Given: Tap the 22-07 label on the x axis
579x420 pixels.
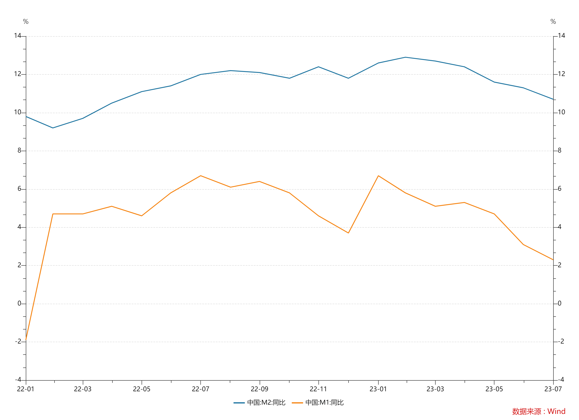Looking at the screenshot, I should coord(200,389).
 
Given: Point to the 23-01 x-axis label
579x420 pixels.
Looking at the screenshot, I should coord(378,389).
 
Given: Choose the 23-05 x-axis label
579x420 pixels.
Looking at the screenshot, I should coord(494,389).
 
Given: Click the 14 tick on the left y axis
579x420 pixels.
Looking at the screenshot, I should coord(17,36).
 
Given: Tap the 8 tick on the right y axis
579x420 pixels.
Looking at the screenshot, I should coord(559,150).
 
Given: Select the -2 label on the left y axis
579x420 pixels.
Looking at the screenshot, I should coord(18,341).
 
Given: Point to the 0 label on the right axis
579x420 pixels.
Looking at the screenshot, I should coord(559,303).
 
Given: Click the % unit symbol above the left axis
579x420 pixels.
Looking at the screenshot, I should coord(26,21).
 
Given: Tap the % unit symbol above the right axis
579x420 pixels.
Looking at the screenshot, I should coord(553,21).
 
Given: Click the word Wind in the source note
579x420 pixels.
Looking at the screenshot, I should coord(556,411).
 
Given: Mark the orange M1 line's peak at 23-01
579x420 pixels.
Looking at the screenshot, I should coord(378,176).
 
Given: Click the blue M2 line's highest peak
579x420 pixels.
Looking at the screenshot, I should coord(405,57).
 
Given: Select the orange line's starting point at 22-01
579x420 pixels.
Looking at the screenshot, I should coord(26,340).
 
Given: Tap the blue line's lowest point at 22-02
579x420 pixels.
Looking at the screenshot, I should coord(53,128).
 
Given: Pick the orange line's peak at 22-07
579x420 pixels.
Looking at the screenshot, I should coord(201,176).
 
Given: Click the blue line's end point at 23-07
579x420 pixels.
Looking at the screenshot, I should coord(553,99).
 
